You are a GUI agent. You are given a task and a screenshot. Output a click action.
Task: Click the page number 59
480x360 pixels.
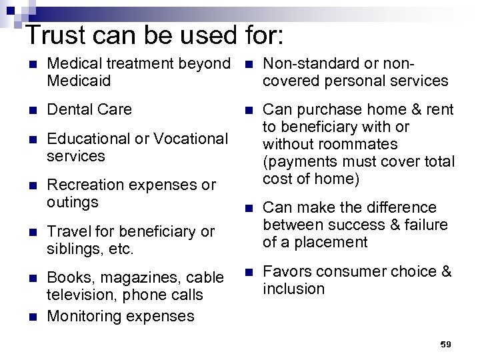(446, 344)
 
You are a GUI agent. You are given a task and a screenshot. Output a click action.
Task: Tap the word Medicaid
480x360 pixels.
(79, 81)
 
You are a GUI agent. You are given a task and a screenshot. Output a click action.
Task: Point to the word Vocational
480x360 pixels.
(190, 139)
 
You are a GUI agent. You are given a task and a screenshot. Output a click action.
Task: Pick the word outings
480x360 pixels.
(73, 201)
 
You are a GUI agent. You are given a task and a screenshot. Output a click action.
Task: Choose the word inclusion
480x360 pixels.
(293, 289)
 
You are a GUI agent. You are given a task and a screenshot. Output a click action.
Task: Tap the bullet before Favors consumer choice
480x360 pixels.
(248, 272)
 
